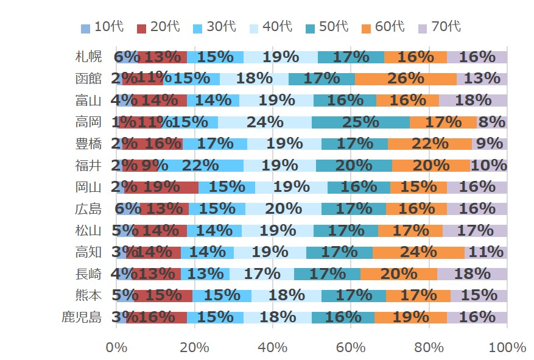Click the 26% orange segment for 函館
tap(406, 79)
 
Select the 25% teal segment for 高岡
tap(360, 122)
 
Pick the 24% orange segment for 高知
tap(418, 252)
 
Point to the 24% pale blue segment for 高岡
tap(264, 122)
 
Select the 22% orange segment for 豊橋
tap(429, 144)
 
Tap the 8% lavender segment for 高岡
tap(491, 122)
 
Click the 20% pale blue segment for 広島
tap(283, 209)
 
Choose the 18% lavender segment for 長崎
tap(472, 274)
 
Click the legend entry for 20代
tap(158, 27)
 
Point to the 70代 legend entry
tap(440, 27)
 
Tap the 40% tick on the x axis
tap(273, 348)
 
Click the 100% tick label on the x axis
tap(507, 348)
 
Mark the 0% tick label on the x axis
tap(116, 348)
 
